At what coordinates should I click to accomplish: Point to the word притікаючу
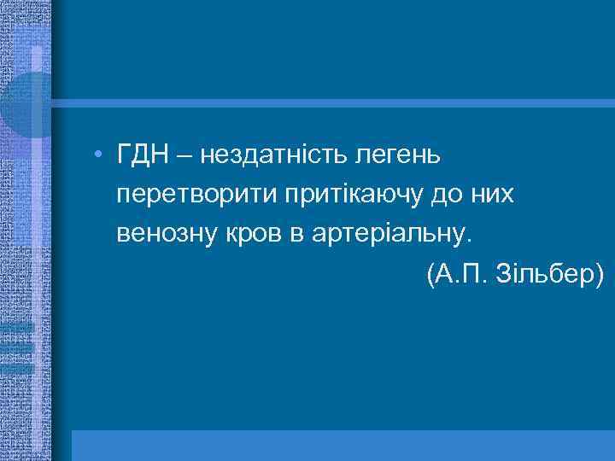click(352, 195)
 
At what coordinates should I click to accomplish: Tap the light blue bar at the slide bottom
click(342, 445)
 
